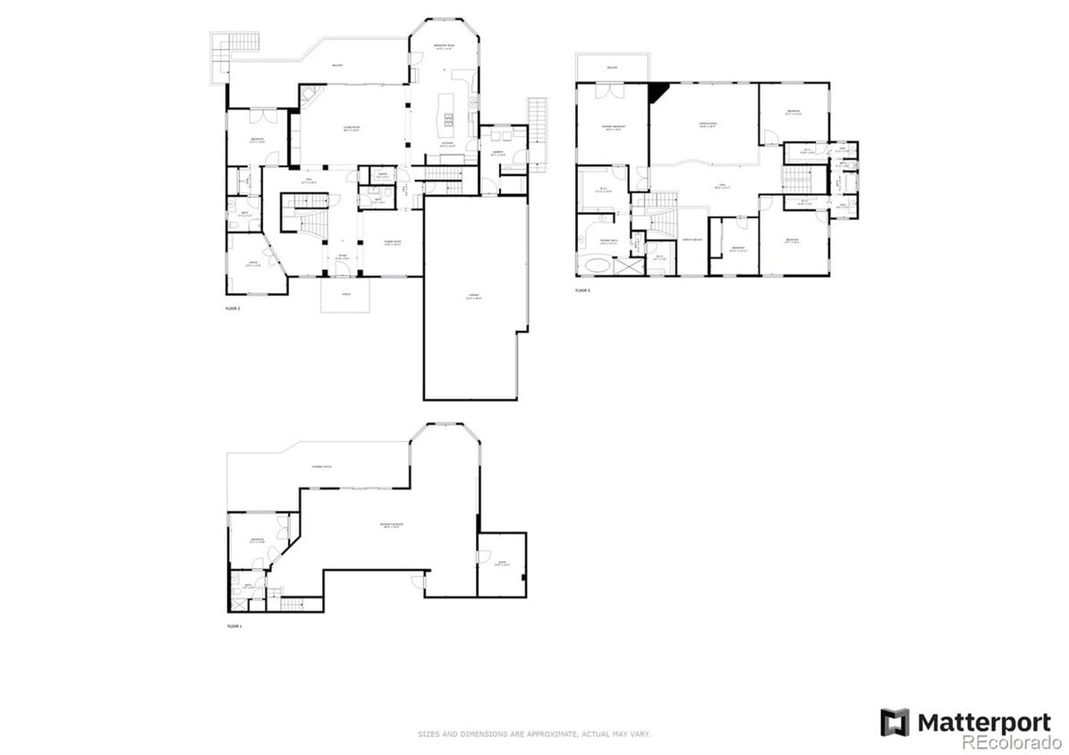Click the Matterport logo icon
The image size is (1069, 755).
(x=895, y=722)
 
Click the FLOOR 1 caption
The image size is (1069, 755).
(x=234, y=626)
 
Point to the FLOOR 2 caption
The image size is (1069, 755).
(x=233, y=308)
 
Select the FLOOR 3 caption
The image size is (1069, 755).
(x=582, y=291)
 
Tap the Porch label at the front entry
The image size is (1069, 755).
(x=345, y=293)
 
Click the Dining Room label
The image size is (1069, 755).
(x=392, y=243)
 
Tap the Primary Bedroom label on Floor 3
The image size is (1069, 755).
(x=613, y=129)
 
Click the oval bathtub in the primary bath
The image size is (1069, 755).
(x=594, y=266)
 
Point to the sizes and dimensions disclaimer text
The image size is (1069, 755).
(x=534, y=734)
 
